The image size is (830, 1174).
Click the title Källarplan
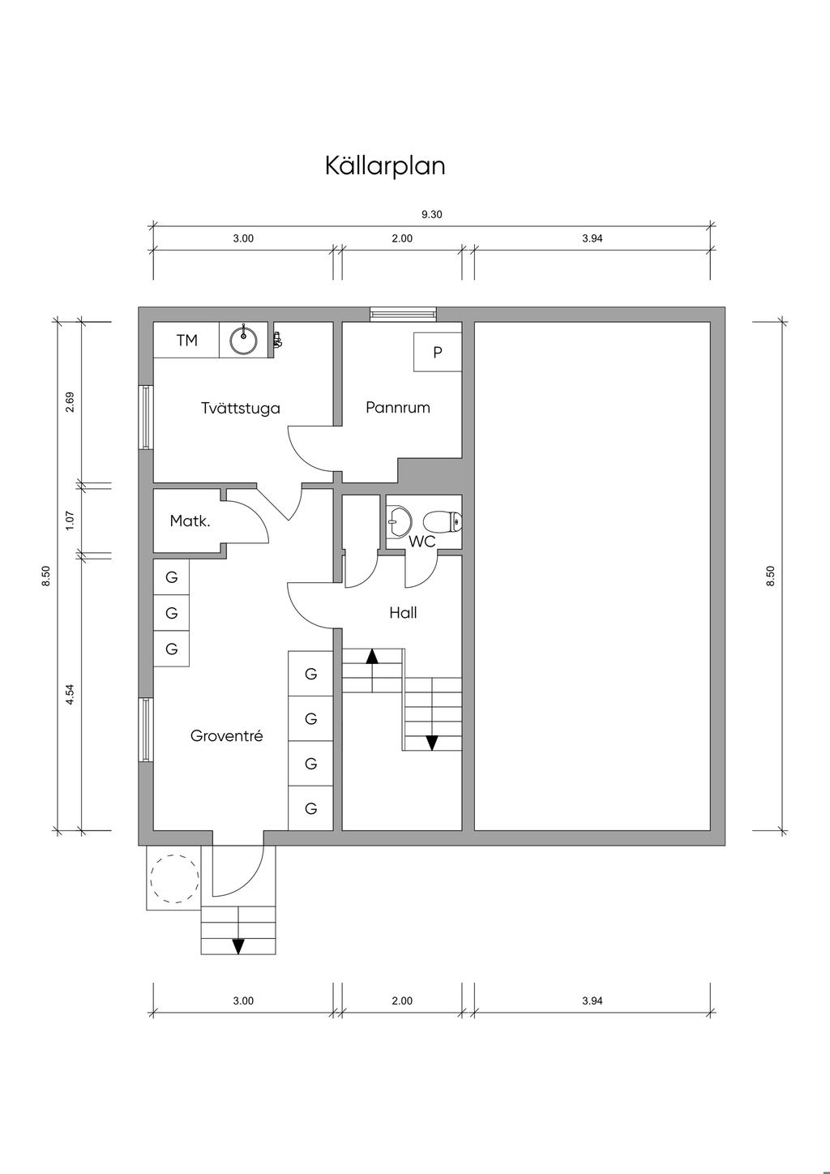[385, 166]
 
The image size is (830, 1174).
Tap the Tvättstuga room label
[241, 408]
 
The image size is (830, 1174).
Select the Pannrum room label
[398, 407]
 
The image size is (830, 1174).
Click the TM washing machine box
[186, 341]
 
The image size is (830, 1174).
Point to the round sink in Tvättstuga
[244, 341]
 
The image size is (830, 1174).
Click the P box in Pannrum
[437, 352]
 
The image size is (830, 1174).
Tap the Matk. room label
[190, 521]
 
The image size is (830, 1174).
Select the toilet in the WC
[443, 522]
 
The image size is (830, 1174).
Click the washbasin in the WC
[400, 521]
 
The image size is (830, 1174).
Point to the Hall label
[403, 613]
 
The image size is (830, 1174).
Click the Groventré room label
[226, 736]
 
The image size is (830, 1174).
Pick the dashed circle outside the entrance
[174, 878]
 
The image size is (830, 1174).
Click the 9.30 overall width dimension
[432, 214]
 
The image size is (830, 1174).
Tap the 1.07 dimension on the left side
[71, 521]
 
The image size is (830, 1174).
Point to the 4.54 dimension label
[71, 695]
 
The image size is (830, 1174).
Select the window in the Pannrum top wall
[404, 314]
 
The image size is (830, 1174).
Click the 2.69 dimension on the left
[71, 402]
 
